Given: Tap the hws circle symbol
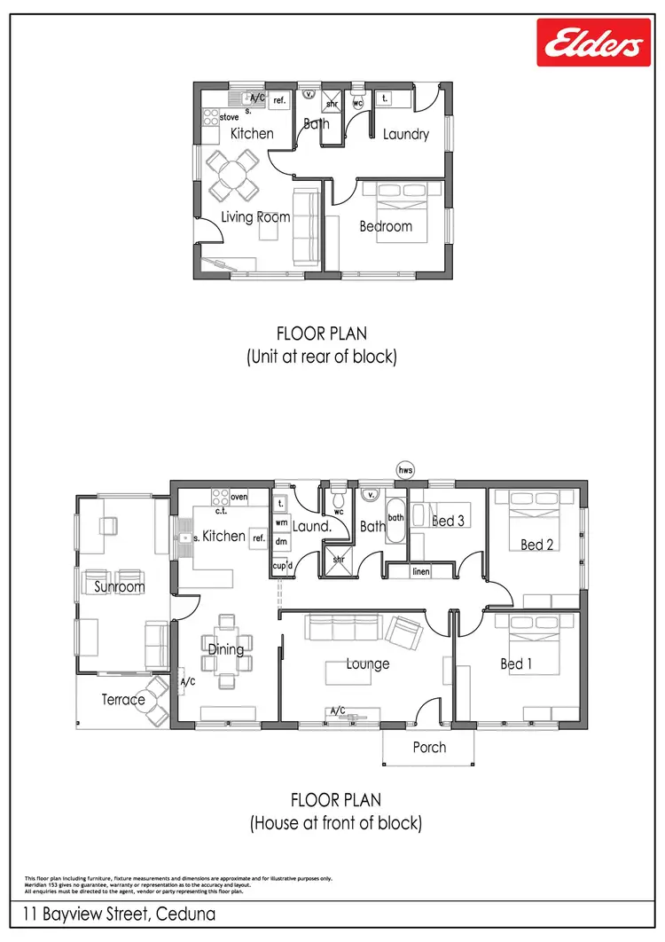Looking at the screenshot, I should click(x=406, y=469).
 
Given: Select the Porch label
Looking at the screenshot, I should click(x=430, y=748).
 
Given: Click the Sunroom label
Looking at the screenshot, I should click(x=120, y=587).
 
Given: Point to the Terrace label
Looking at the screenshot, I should click(x=122, y=700).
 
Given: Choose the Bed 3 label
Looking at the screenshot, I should click(x=448, y=521).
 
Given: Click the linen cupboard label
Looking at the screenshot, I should click(x=421, y=572).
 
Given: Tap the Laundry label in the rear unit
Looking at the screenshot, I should click(x=406, y=135).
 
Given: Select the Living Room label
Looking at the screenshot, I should click(x=255, y=217).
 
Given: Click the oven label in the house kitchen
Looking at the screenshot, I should click(x=239, y=497).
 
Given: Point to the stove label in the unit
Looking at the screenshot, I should click(x=229, y=117).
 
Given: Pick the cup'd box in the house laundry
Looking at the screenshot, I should click(x=281, y=565).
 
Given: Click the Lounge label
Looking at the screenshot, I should click(x=368, y=663).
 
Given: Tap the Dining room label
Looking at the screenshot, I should click(x=226, y=649).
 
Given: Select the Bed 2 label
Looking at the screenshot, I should click(x=537, y=545).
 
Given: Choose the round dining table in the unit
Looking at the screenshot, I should click(x=233, y=175).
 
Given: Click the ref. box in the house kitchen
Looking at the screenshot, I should click(x=259, y=538).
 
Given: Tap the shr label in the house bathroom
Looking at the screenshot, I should click(x=339, y=560).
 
